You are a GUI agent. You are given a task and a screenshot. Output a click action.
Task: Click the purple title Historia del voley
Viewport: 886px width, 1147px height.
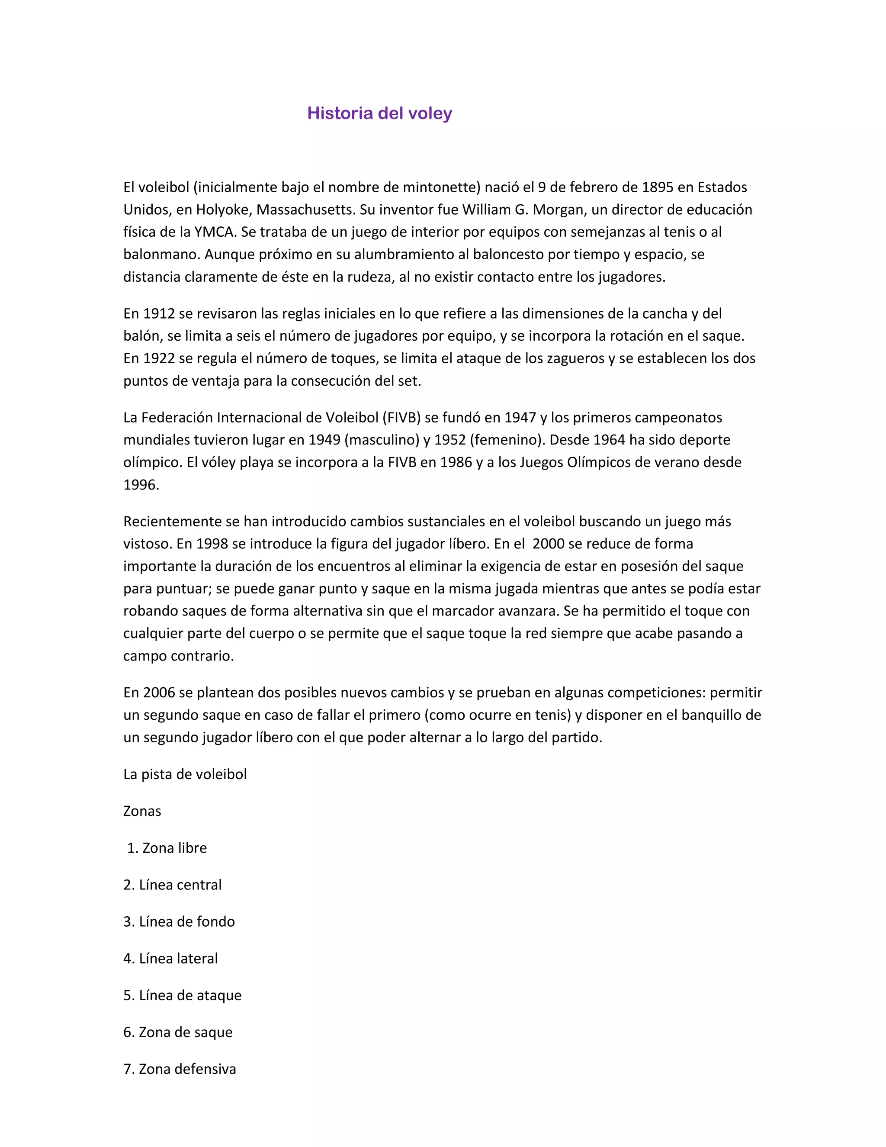[379, 113]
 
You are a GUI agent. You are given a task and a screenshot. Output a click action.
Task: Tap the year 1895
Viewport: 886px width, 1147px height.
[657, 187]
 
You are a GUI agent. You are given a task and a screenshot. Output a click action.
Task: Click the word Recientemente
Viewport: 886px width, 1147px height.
[172, 522]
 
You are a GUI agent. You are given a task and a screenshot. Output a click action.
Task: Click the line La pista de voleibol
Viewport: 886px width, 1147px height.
[185, 775]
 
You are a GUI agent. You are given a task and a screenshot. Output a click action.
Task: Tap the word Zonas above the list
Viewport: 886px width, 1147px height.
[142, 812]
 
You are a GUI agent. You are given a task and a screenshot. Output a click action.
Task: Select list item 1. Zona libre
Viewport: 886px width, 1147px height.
[167, 848]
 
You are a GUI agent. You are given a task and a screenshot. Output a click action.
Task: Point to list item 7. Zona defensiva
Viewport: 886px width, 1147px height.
[180, 1069]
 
